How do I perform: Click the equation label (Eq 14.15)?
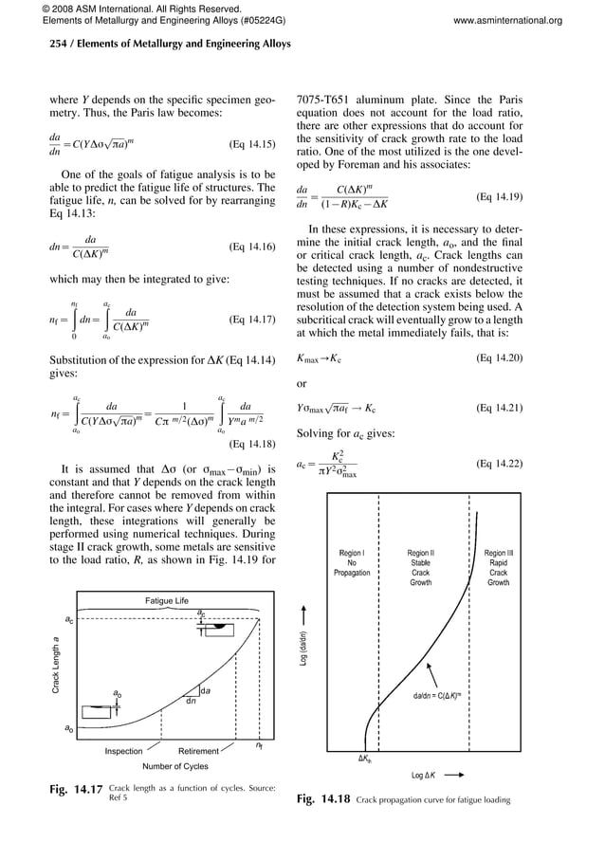pyautogui.click(x=252, y=145)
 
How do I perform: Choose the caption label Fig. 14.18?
pyautogui.click(x=323, y=799)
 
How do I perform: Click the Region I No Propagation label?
pyautogui.click(x=351, y=562)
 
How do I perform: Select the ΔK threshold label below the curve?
pyautogui.click(x=363, y=759)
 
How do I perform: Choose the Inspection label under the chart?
pyautogui.click(x=124, y=751)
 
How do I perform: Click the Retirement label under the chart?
pyautogui.click(x=199, y=751)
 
